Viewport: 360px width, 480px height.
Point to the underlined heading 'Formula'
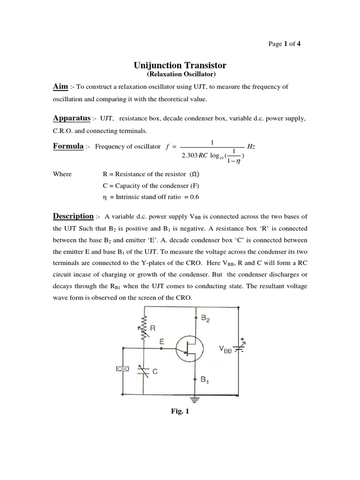pyautogui.click(x=67, y=146)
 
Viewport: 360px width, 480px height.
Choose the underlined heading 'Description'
pyautogui.click(x=73, y=216)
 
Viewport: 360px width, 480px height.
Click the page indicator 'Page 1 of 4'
pyautogui.click(x=284, y=44)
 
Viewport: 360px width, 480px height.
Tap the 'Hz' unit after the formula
pyautogui.click(x=251, y=147)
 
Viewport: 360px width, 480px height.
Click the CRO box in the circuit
pyautogui.click(x=122, y=369)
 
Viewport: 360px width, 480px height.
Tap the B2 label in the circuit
pyautogui.click(x=206, y=318)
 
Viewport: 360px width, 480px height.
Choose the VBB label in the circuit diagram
pyautogui.click(x=225, y=349)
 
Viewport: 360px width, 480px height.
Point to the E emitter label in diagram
pyautogui.click(x=162, y=342)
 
